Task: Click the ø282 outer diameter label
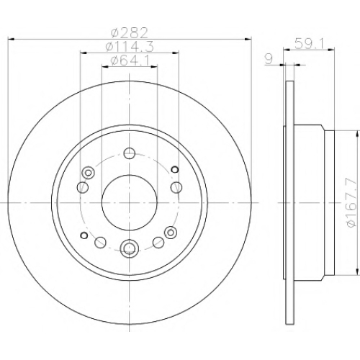(130, 33)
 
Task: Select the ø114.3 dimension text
(130, 47)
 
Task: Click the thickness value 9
(269, 59)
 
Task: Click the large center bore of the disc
(130, 203)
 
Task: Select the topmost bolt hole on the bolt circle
(130, 153)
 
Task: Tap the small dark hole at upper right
(175, 169)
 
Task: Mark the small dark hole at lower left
(84, 235)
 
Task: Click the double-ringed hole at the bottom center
(130, 247)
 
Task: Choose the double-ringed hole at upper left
(88, 173)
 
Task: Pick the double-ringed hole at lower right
(171, 233)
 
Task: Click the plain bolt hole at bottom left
(100, 243)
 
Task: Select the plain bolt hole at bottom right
(158, 243)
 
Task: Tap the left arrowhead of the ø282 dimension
(11, 39)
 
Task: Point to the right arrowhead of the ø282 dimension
(248, 39)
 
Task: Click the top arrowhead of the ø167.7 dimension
(358, 134)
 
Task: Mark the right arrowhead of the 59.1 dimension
(331, 50)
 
